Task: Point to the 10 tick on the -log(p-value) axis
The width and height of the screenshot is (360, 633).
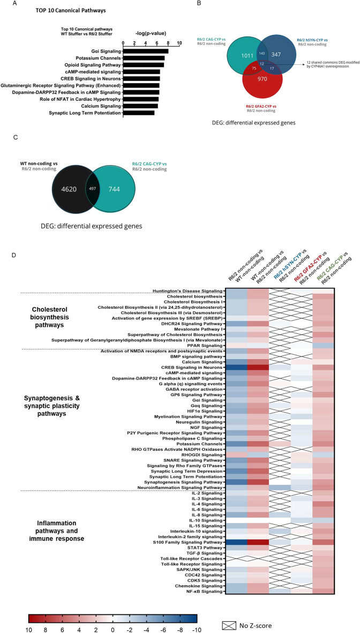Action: (179, 43)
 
